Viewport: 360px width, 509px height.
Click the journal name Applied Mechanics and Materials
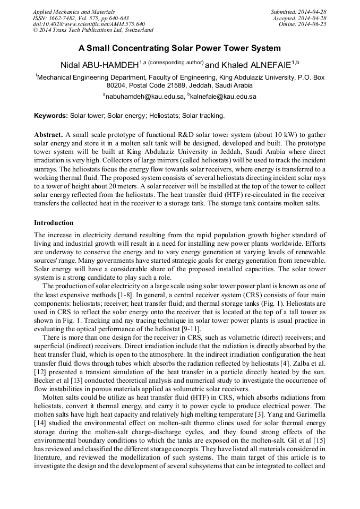point(74,12)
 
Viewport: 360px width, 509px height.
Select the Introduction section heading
point(54,223)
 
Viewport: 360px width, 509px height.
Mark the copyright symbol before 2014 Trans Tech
point(36,30)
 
